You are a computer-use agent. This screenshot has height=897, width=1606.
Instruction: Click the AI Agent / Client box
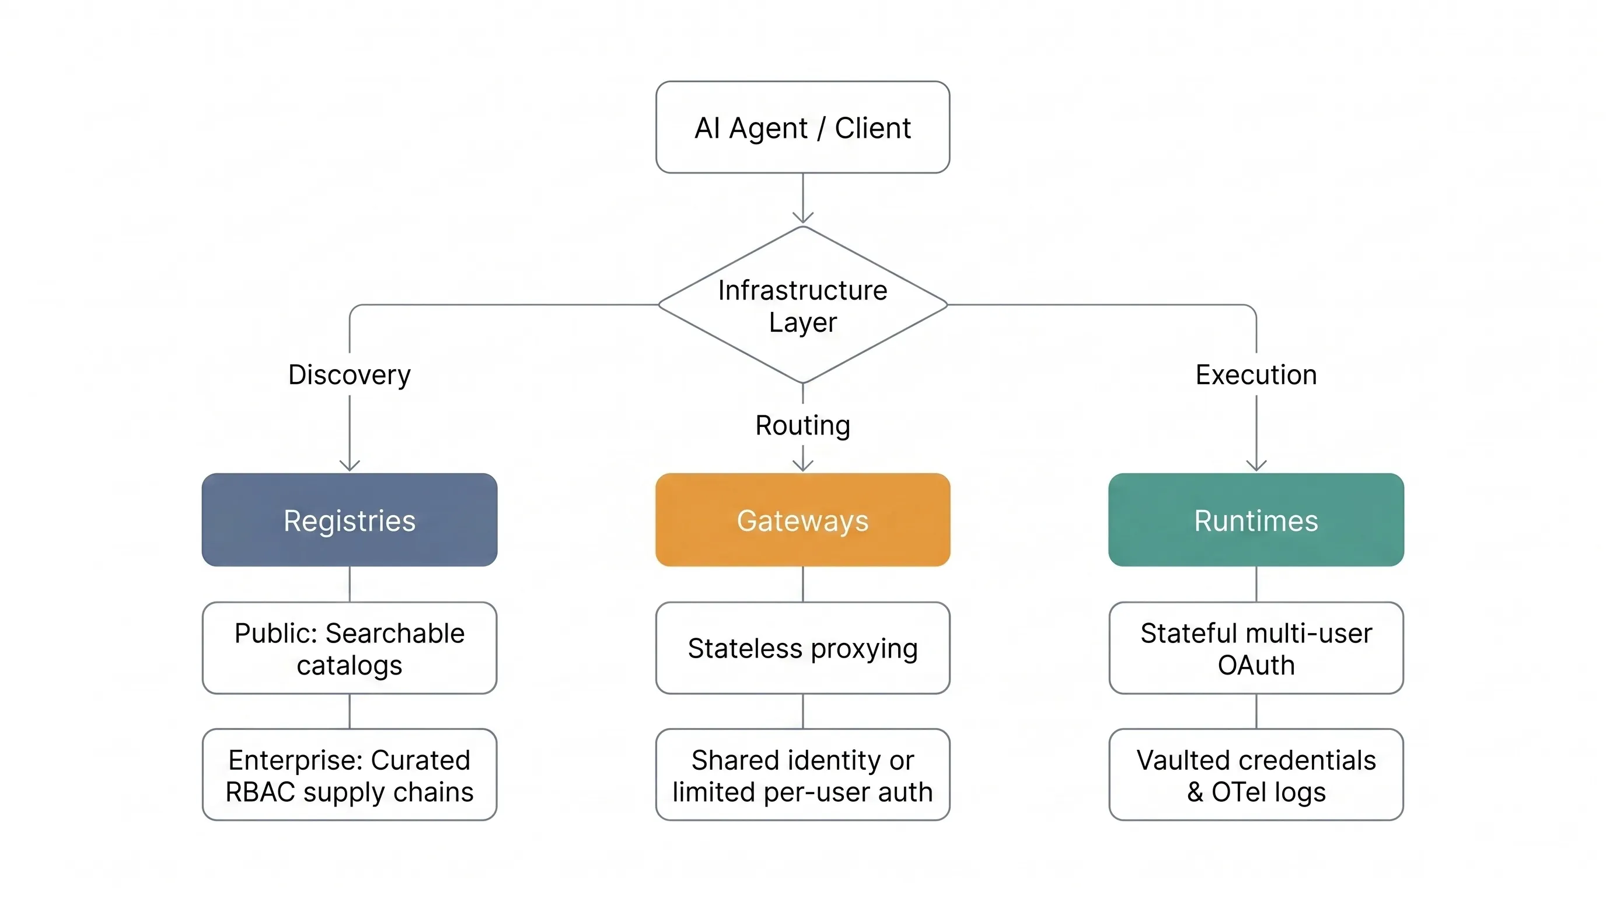click(x=802, y=127)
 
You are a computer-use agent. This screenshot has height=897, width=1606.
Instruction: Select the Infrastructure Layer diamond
click(x=802, y=305)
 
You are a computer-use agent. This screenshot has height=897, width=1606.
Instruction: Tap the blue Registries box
click(x=349, y=520)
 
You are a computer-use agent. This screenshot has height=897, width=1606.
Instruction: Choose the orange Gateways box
click(x=802, y=520)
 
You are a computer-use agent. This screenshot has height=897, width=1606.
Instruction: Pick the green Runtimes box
click(x=1256, y=520)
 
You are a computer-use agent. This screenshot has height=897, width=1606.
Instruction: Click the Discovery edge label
click(x=349, y=375)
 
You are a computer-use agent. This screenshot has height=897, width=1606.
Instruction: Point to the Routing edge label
click(x=802, y=425)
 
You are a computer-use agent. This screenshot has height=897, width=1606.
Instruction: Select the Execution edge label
click(x=1256, y=375)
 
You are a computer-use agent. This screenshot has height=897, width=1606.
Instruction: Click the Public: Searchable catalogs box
click(x=349, y=648)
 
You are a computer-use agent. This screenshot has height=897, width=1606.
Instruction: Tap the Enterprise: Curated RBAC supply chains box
click(x=349, y=775)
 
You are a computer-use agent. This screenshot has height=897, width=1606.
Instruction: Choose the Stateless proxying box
click(x=802, y=648)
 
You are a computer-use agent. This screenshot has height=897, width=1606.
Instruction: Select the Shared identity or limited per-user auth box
click(x=802, y=775)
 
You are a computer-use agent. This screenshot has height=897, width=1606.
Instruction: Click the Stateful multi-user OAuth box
click(x=1256, y=648)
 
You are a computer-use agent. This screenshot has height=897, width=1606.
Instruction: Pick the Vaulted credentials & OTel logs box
click(x=1256, y=775)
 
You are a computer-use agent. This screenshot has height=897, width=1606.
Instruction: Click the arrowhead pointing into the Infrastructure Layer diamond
click(x=802, y=217)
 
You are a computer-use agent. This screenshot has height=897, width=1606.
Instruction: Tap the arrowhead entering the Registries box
click(x=349, y=465)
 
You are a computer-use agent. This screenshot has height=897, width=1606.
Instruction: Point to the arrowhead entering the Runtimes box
click(x=1256, y=465)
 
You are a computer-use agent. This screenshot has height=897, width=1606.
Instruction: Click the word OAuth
click(x=1256, y=666)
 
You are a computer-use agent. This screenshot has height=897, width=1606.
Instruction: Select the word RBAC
click(x=260, y=792)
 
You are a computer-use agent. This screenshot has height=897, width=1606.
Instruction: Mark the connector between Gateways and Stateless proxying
click(x=802, y=584)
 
